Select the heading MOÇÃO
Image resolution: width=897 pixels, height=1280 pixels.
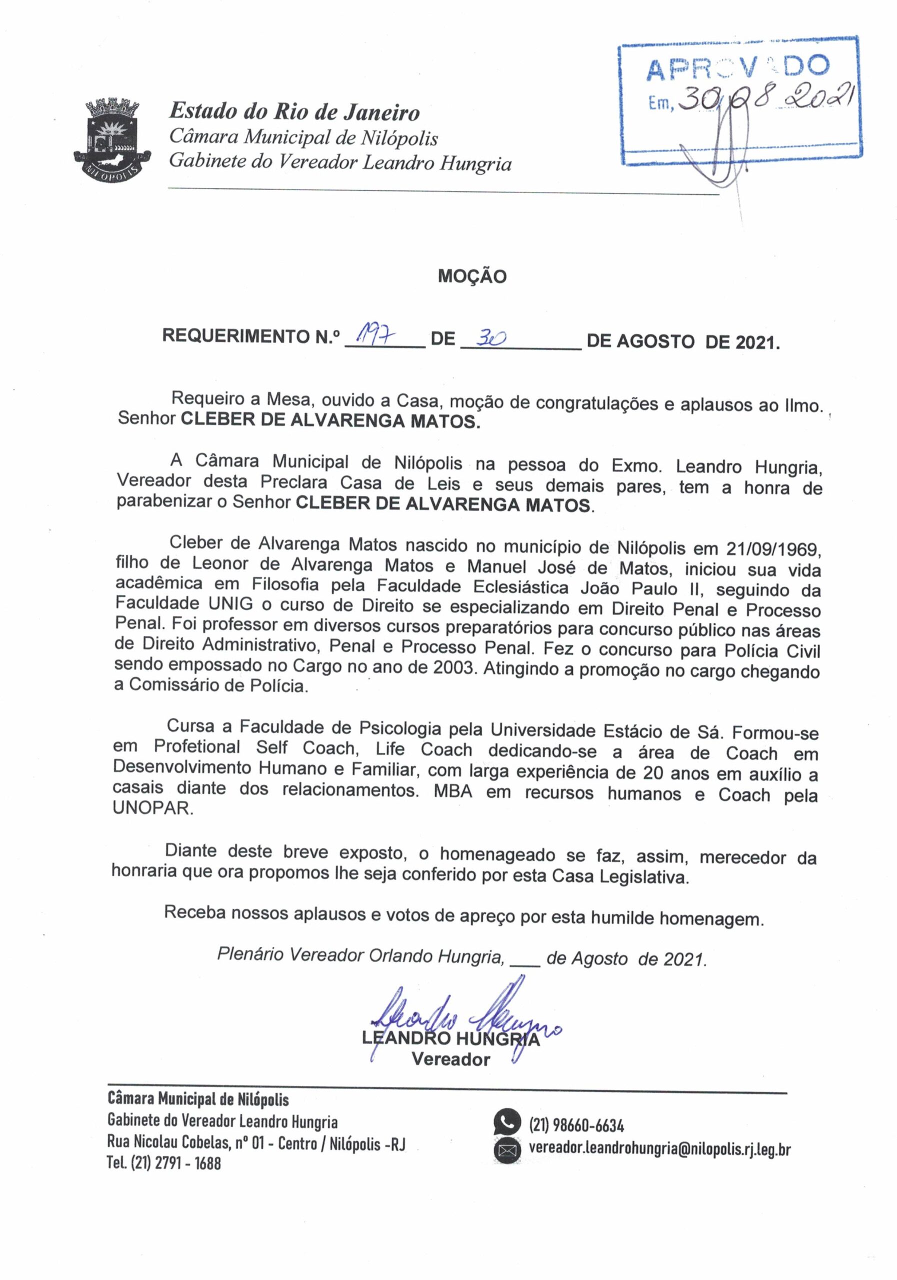pyautogui.click(x=471, y=276)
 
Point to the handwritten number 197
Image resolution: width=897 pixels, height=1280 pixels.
pyautogui.click(x=371, y=335)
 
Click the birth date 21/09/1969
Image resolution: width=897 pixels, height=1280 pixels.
pyautogui.click(x=772, y=549)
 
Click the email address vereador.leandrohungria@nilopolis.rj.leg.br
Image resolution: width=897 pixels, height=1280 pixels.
pyautogui.click(x=659, y=1149)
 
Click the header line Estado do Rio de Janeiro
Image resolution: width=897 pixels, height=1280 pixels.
pyautogui.click(x=294, y=111)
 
